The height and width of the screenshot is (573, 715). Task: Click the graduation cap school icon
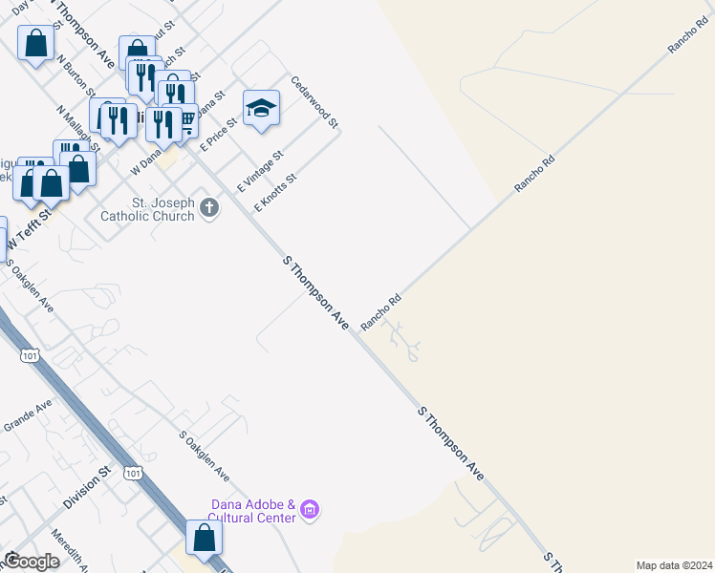[261, 108]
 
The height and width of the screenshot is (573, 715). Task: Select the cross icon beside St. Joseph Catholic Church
[210, 210]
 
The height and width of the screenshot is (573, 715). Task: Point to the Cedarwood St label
[315, 102]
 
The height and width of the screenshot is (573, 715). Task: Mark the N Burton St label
[77, 75]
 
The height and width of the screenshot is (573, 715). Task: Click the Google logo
[32, 562]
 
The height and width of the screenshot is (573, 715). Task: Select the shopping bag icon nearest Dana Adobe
[205, 538]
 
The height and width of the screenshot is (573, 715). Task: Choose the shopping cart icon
[185, 120]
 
